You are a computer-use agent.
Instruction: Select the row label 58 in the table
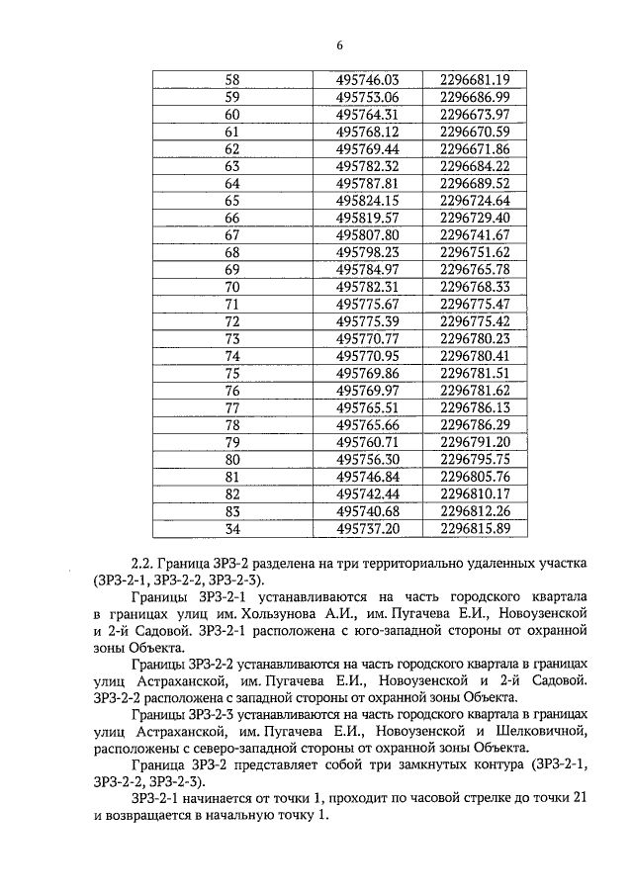[x=232, y=80]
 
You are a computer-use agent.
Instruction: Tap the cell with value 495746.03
[x=366, y=80]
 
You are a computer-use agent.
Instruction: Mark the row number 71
[x=232, y=304]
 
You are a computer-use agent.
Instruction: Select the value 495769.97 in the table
[x=366, y=390]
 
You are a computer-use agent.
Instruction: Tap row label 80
[x=232, y=459]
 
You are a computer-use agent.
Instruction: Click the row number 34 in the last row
[x=232, y=528]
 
